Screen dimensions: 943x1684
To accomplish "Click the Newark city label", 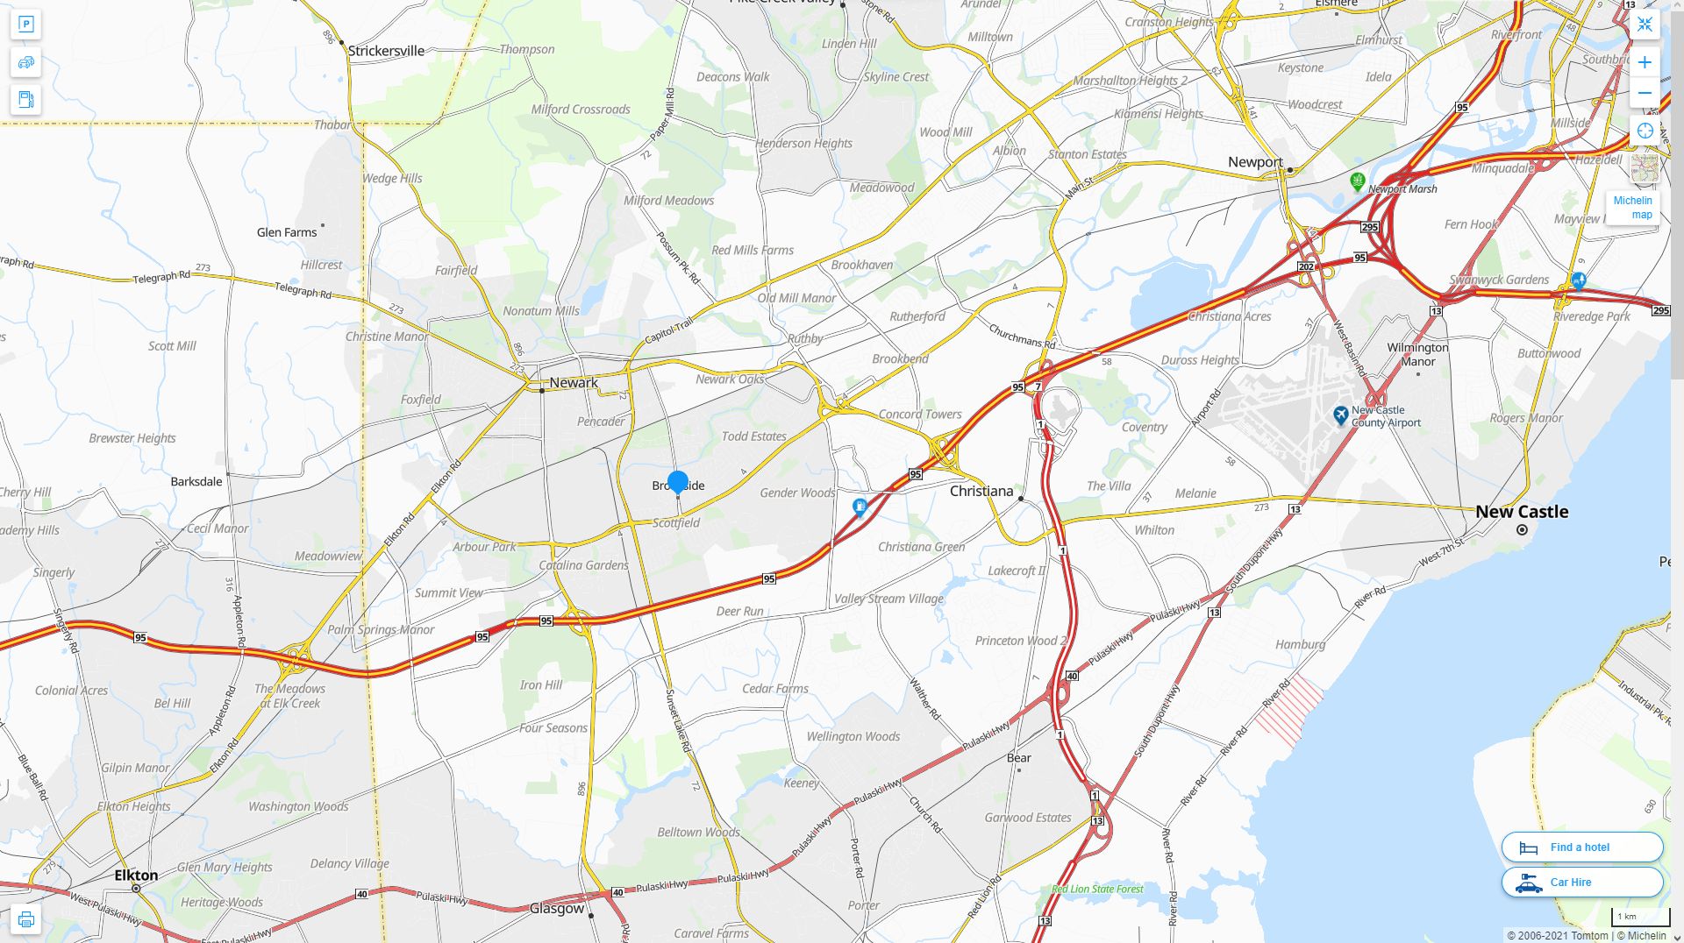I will pyautogui.click(x=574, y=383).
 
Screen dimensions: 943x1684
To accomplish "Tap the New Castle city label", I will pyautogui.click(x=1522, y=512).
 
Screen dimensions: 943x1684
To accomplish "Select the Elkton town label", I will pyautogui.click(x=136, y=876).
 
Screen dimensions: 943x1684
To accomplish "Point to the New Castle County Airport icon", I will pyautogui.click(x=1340, y=415).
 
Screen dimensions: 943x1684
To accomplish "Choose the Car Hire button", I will pyautogui.click(x=1581, y=883).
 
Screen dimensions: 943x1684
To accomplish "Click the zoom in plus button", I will pyautogui.click(x=1645, y=62).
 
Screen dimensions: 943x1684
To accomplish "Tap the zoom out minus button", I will pyautogui.click(x=1645, y=93).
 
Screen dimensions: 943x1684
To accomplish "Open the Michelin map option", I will pyautogui.click(x=1632, y=208).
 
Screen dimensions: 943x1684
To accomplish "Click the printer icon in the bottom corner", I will pyautogui.click(x=25, y=919).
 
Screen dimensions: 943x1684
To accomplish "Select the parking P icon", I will pyautogui.click(x=26, y=25).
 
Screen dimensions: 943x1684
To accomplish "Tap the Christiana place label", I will pyautogui.click(x=981, y=491).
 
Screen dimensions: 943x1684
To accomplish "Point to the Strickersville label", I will pyautogui.click(x=386, y=51).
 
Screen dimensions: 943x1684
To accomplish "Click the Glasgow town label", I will pyautogui.click(x=557, y=909).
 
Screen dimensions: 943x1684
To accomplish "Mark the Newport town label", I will pyautogui.click(x=1255, y=162).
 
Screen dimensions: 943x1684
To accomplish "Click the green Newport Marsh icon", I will pyautogui.click(x=1358, y=181).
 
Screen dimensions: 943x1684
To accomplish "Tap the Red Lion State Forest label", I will pyautogui.click(x=1097, y=889).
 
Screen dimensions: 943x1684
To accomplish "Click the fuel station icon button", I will pyautogui.click(x=26, y=100).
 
